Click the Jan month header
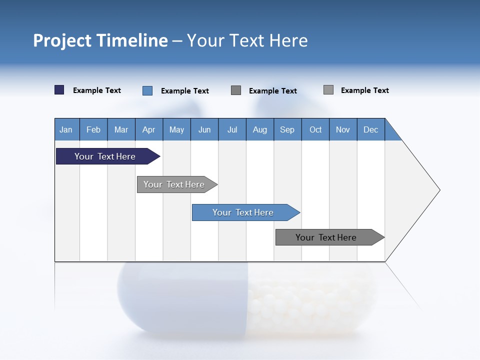coord(66,129)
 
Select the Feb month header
coord(93,129)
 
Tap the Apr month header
coord(148,129)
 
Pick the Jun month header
coord(204,129)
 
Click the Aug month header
coord(259,129)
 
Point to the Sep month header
coord(287,129)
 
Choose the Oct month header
coord(315,129)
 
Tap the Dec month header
coord(370,129)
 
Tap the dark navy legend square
coord(59,90)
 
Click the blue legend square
coord(147,90)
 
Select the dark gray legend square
coord(236,90)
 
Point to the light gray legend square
coord(328,90)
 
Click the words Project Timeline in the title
coord(100,40)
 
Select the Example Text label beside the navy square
coord(97,90)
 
